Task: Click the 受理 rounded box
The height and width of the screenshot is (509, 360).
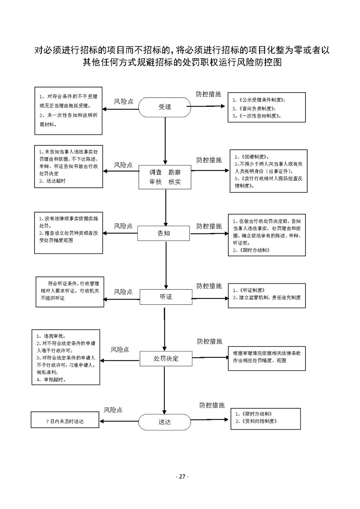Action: [165, 107]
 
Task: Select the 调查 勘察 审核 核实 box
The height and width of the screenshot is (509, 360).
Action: [165, 177]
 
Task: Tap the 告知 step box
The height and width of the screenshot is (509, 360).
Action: [164, 233]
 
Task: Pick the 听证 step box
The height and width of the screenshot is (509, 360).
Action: [166, 297]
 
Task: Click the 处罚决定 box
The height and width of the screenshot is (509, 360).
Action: [166, 359]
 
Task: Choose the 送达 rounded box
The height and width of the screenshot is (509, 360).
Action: [165, 422]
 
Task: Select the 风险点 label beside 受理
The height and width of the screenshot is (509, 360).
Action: [123, 101]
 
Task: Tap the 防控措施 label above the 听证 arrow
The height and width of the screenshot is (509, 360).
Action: [209, 286]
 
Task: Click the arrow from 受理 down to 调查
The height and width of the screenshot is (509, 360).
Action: [165, 141]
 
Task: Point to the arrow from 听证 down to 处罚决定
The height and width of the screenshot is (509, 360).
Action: [165, 329]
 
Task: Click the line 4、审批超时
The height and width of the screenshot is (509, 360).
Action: [51, 379]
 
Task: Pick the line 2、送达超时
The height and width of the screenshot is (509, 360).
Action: [52, 181]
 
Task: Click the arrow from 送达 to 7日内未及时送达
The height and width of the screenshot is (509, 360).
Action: [119, 421]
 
